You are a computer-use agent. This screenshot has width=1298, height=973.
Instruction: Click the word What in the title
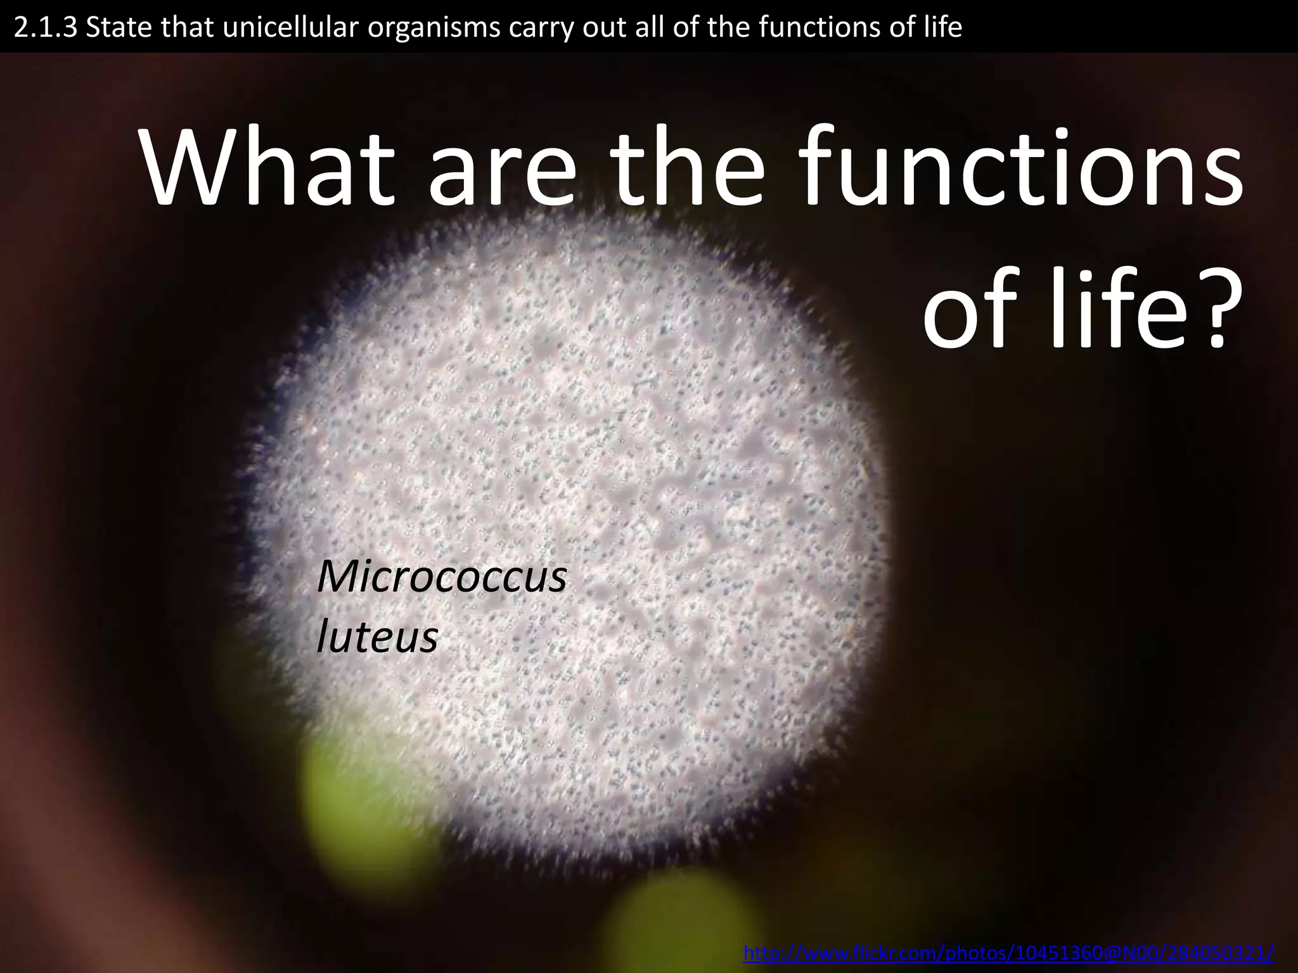[x=272, y=168]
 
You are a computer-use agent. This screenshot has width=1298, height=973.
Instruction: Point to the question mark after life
[x=1221, y=310]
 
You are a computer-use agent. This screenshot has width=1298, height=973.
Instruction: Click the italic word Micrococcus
[x=442, y=577]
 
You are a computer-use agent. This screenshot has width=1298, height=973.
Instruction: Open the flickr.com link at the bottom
[x=1008, y=953]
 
